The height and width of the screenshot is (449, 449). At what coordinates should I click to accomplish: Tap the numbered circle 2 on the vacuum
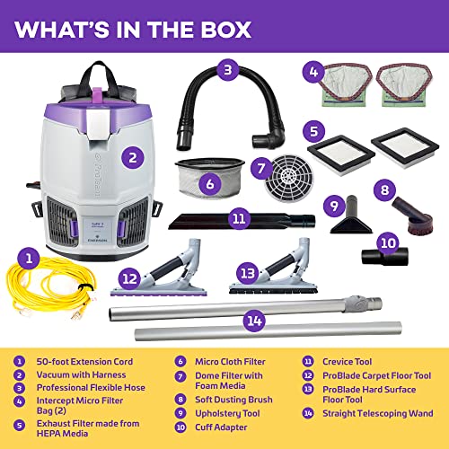point(133,157)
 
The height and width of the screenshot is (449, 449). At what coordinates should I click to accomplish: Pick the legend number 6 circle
point(180,362)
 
